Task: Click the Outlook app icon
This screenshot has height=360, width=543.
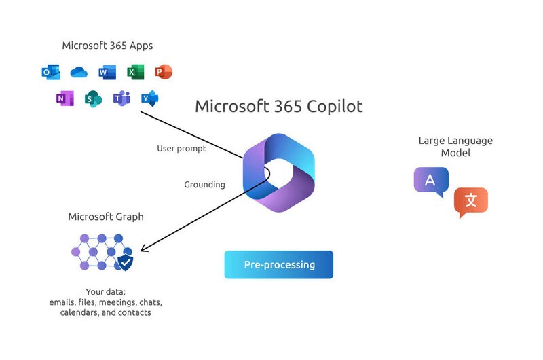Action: click(x=51, y=72)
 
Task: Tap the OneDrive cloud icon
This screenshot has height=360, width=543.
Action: click(x=79, y=72)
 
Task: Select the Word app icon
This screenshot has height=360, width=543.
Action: click(x=107, y=72)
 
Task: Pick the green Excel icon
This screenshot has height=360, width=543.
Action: click(x=135, y=72)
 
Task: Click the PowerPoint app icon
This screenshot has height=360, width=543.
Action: click(x=164, y=72)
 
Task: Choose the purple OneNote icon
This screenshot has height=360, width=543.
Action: click(x=64, y=98)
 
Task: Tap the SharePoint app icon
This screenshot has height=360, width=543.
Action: click(x=93, y=98)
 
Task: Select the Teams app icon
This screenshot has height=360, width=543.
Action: click(x=121, y=98)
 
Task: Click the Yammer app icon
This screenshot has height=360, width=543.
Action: click(x=149, y=98)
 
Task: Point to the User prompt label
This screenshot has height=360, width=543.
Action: click(x=181, y=148)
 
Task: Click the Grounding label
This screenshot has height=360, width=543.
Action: click(x=205, y=185)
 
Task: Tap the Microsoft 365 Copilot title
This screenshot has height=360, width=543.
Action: click(x=279, y=107)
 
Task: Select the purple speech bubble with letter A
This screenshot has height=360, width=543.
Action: click(x=431, y=181)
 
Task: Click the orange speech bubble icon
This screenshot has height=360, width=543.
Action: click(x=470, y=202)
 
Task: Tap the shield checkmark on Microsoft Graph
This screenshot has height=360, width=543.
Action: click(x=126, y=262)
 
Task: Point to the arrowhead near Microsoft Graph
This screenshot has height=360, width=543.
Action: click(x=144, y=249)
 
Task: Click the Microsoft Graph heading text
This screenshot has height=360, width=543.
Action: click(x=106, y=217)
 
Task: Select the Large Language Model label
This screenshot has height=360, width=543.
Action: click(x=455, y=147)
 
